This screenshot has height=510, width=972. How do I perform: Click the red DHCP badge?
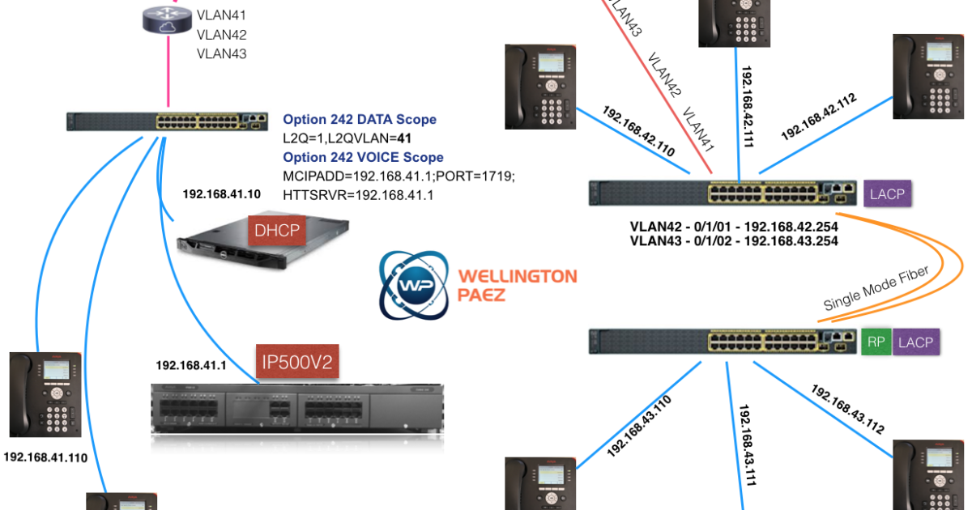[277, 230]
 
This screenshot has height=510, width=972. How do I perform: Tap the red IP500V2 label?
[297, 361]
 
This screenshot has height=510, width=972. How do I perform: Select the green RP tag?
[876, 342]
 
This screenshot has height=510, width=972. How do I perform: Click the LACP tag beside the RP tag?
[915, 342]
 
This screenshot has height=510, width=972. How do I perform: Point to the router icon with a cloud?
[167, 19]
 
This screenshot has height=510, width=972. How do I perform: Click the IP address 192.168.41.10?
[222, 193]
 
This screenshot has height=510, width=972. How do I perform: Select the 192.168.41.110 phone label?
[45, 457]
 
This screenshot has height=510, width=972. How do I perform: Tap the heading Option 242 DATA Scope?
[360, 119]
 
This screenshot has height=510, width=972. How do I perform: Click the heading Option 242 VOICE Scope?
[363, 157]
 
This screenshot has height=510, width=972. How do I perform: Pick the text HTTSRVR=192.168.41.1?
[358, 195]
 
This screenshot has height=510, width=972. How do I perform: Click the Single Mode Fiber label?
[876, 288]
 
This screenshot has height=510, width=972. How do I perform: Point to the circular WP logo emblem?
[414, 285]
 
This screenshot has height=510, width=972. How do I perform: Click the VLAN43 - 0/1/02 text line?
[734, 241]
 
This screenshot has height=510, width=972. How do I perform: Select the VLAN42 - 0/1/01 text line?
[734, 227]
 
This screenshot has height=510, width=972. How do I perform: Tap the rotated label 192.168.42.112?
[819, 117]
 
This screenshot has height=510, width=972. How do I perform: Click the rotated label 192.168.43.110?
[639, 427]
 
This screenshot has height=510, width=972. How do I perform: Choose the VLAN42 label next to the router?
[222, 35]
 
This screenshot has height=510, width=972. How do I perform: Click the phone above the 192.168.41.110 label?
[45, 394]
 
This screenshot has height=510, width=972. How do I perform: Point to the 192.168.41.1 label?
[191, 366]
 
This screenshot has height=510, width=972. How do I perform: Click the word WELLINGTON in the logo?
[518, 276]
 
